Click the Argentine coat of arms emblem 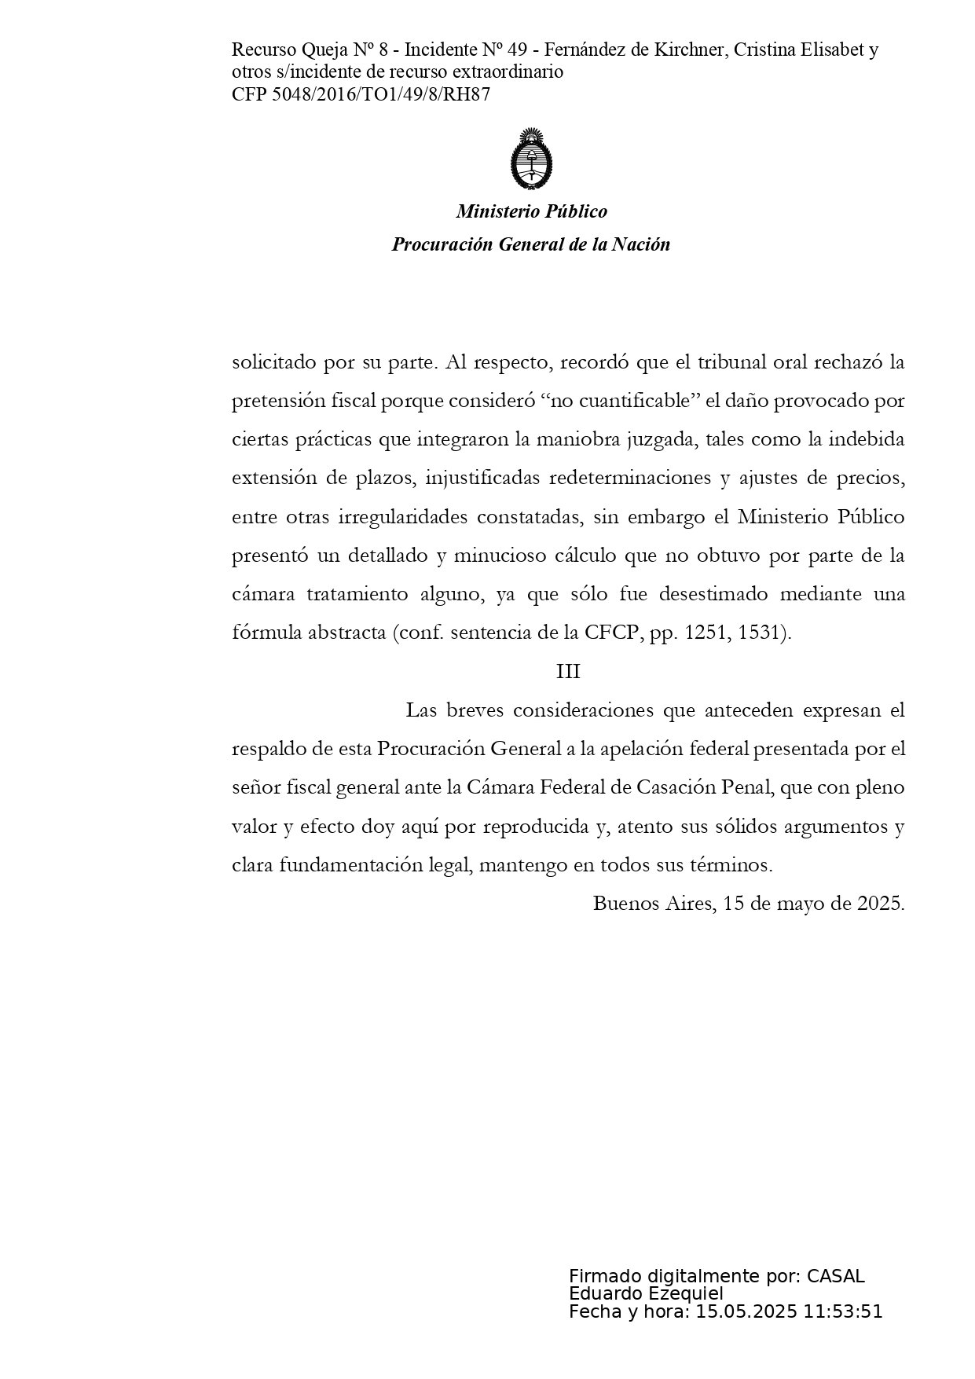(531, 160)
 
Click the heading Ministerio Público (531, 211)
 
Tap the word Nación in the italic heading (641, 244)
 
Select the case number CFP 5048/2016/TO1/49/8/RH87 (361, 94)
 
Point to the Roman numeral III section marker (567, 672)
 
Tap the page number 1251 (706, 633)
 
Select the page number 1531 (761, 633)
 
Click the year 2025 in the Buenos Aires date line (880, 903)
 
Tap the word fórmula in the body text (265, 633)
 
